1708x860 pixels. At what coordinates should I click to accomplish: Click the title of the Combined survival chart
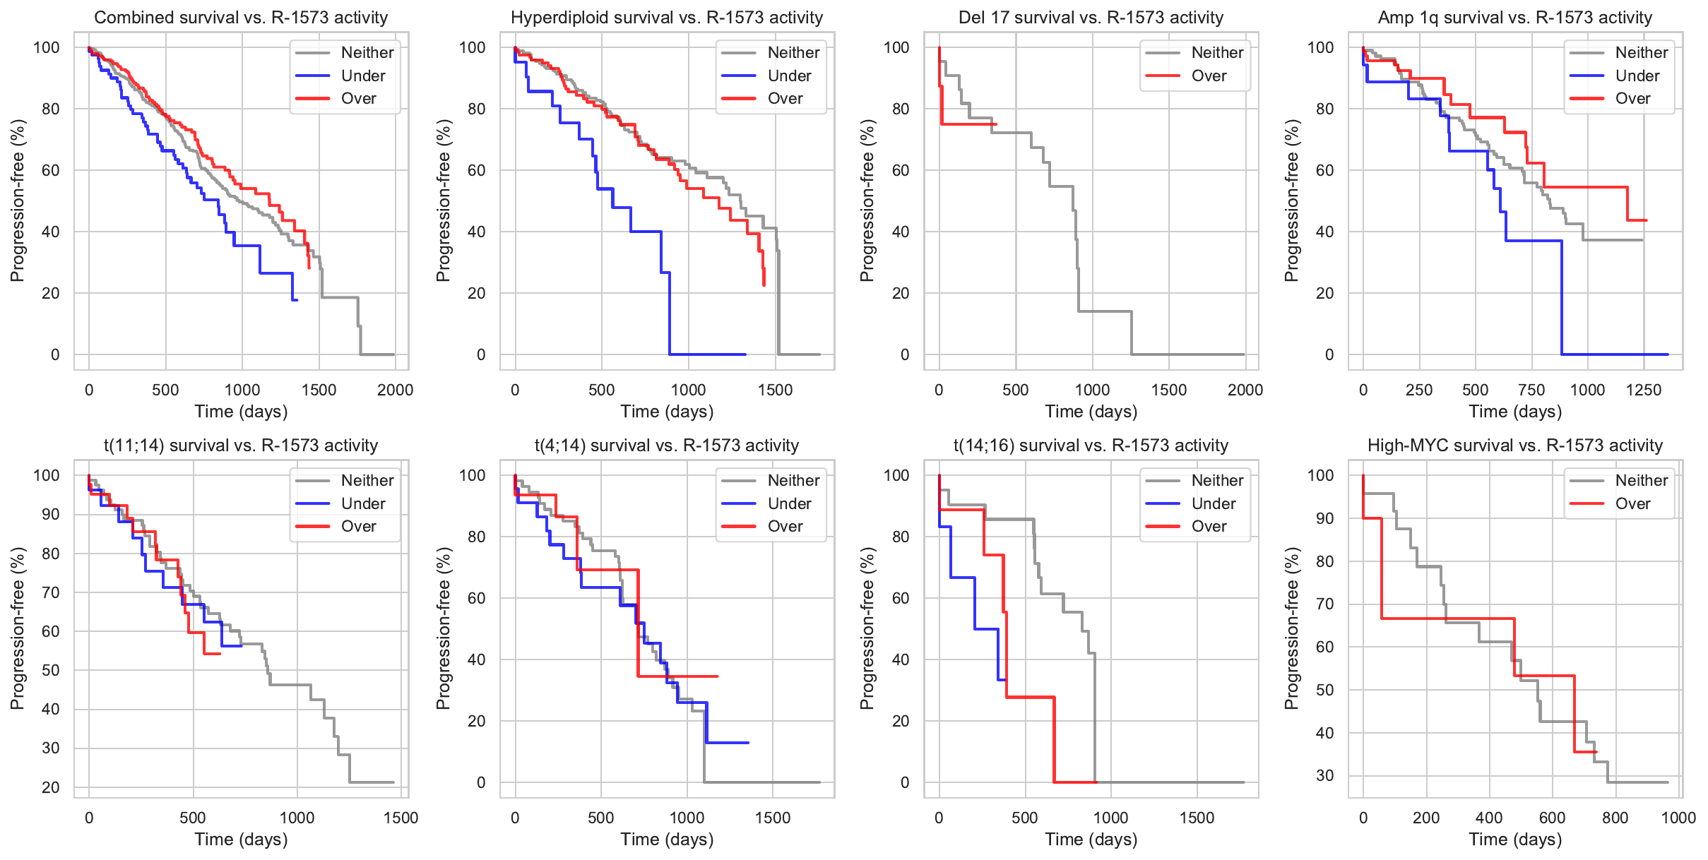[241, 18]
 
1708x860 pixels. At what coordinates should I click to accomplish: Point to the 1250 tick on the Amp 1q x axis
[1644, 390]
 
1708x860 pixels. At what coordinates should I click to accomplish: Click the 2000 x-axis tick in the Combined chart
[395, 390]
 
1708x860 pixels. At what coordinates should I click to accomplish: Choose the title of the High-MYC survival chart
[1514, 446]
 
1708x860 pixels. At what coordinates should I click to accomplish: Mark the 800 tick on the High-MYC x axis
[1615, 818]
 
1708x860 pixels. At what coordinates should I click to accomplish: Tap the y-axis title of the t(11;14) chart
[17, 628]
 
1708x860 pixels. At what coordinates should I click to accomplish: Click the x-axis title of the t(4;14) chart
[667, 839]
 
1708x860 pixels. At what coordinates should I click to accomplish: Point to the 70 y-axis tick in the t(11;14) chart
[51, 592]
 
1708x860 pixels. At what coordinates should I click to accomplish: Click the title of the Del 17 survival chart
[1091, 18]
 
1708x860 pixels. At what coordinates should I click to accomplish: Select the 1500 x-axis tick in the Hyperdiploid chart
[775, 390]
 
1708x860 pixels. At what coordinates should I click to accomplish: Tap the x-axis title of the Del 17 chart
[1091, 411]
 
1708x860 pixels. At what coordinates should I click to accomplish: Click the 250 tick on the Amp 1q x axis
[1419, 390]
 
